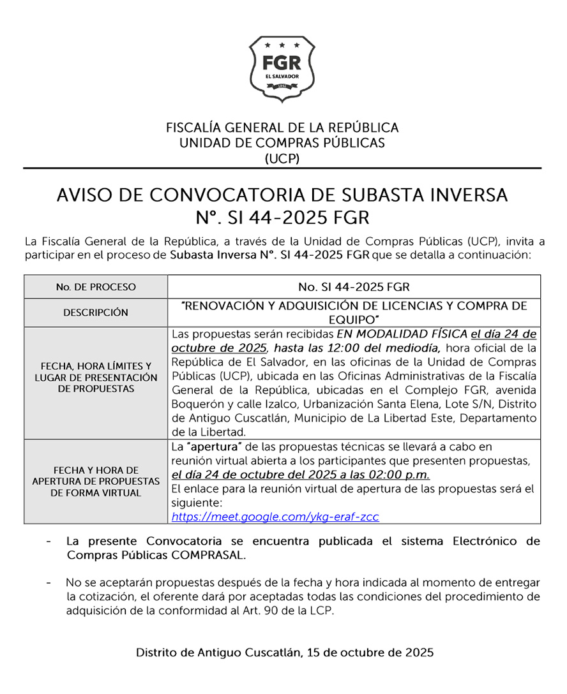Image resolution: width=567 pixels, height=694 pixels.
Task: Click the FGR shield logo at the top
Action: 282,69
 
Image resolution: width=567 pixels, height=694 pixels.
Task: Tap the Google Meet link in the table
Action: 275,517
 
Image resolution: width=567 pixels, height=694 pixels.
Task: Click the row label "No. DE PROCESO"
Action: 96,287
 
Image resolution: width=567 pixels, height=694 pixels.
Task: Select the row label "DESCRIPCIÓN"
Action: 96,313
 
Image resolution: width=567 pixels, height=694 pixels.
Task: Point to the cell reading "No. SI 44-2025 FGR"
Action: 354,287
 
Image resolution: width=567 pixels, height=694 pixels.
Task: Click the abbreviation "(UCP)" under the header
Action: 282,159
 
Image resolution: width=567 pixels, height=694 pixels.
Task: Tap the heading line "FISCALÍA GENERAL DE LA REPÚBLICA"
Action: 282,128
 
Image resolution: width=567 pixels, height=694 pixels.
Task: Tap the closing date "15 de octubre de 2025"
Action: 370,653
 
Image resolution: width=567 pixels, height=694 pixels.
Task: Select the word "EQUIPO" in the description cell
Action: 354,318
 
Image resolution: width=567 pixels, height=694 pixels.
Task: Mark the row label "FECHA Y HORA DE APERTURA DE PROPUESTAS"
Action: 96,482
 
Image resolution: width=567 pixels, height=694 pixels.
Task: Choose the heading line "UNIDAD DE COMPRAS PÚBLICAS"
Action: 282,143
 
